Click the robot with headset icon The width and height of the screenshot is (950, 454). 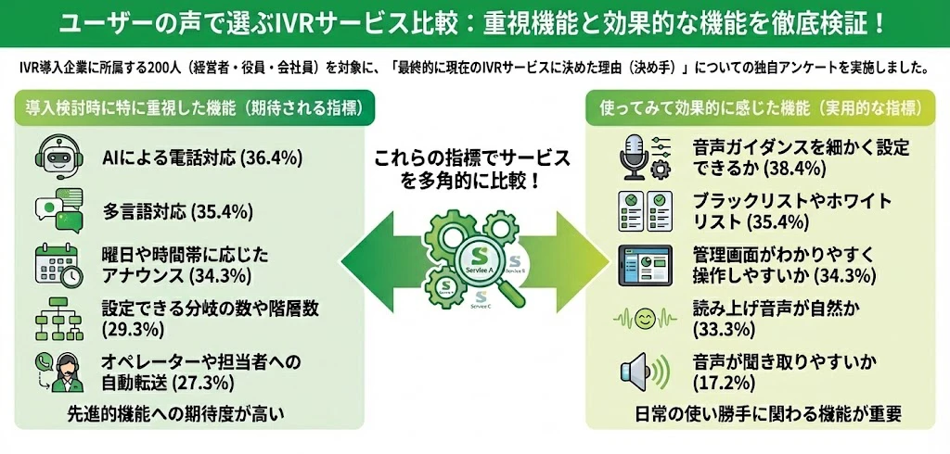[57, 157]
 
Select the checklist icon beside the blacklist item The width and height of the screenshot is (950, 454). [644, 211]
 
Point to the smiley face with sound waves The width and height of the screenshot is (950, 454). [644, 319]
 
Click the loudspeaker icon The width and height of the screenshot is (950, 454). [644, 372]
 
